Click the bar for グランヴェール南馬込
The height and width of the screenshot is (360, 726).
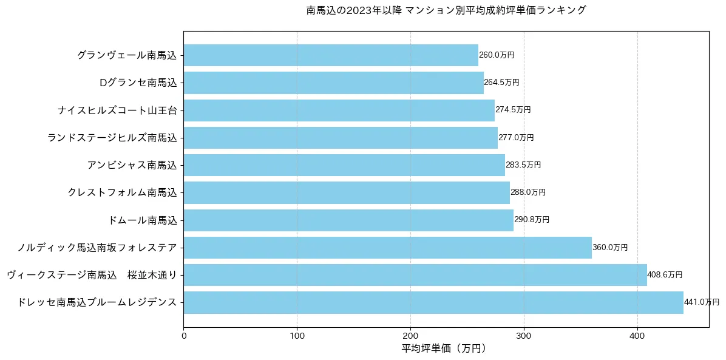click(x=331, y=55)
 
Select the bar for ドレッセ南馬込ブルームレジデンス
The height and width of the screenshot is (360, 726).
click(x=433, y=302)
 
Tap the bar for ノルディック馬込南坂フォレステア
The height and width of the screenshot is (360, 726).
click(x=387, y=248)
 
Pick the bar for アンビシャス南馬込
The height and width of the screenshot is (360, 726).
click(x=344, y=165)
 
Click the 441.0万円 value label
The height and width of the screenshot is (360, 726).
click(x=701, y=302)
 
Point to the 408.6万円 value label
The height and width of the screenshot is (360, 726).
click(x=665, y=275)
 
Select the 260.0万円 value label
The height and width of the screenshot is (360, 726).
click(x=497, y=55)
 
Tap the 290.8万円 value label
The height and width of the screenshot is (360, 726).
click(x=532, y=220)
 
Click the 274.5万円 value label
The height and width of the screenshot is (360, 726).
click(x=513, y=110)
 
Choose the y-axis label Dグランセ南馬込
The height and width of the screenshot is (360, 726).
click(x=138, y=83)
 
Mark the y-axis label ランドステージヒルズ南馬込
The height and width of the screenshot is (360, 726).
click(x=112, y=138)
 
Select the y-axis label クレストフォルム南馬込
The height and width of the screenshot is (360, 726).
click(x=123, y=192)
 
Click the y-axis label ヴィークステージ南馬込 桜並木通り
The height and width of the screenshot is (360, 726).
click(x=92, y=275)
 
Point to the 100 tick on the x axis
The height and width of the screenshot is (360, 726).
click(x=297, y=335)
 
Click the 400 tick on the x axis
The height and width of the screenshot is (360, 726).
click(x=637, y=335)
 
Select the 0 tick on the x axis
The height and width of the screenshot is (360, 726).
click(x=183, y=335)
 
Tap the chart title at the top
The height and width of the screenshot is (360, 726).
click(x=446, y=10)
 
